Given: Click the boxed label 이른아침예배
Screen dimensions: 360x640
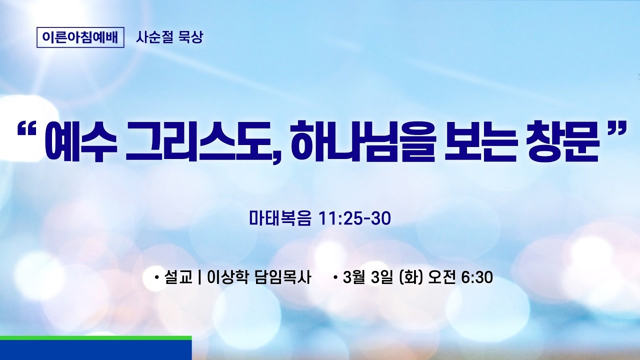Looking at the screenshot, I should coord(80,37).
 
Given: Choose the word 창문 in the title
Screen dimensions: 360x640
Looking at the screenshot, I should coord(567,143).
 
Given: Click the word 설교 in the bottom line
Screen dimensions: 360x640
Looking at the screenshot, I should coord(178,277).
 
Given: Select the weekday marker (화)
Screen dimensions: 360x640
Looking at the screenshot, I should coord(412,277).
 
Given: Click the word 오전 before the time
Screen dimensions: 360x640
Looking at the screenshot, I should coord(442,277).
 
